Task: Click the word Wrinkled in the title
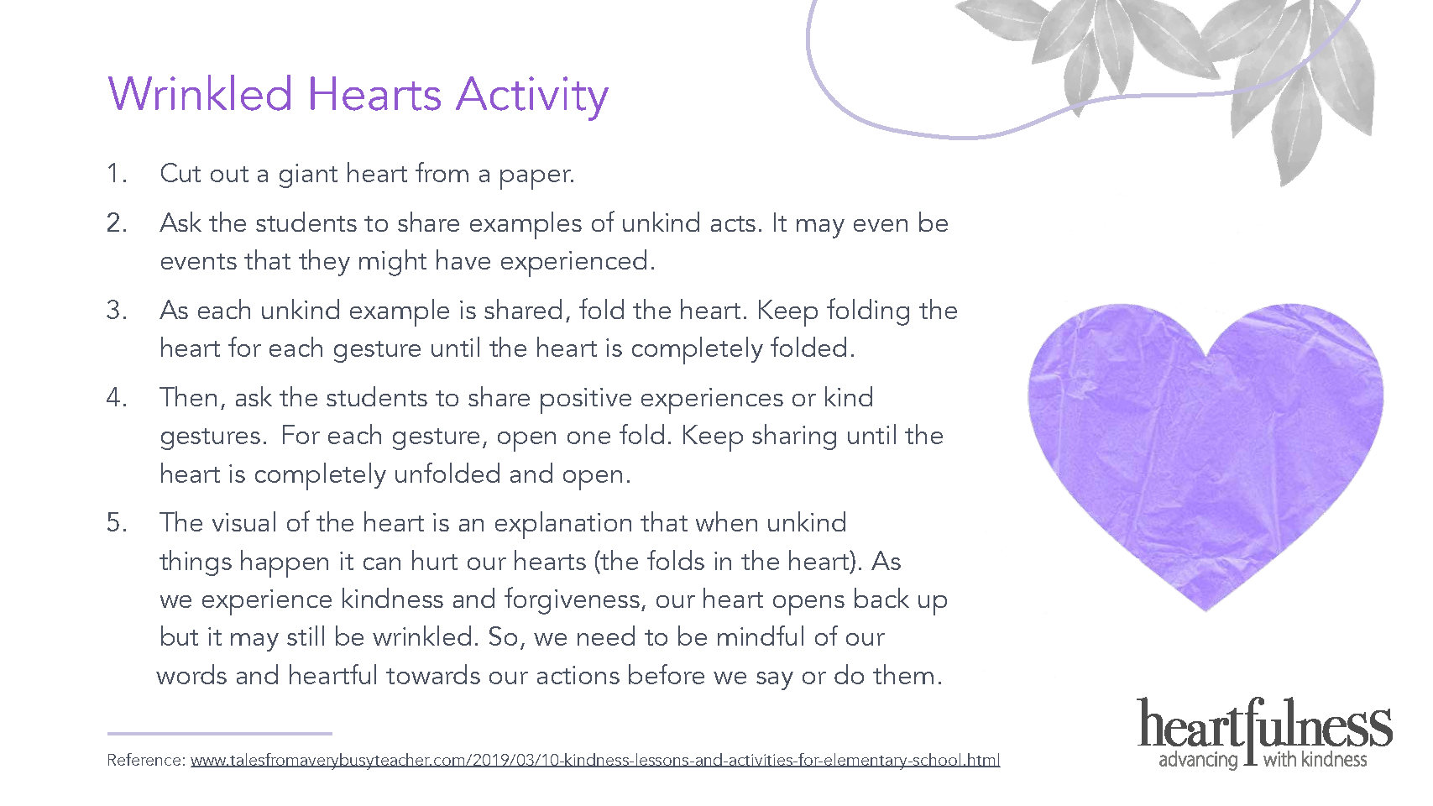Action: pyautogui.click(x=200, y=95)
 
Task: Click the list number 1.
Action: pyautogui.click(x=117, y=173)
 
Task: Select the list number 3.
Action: pyautogui.click(x=117, y=311)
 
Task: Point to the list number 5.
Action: pyautogui.click(x=117, y=523)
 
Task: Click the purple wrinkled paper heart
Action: pyautogui.click(x=1205, y=447)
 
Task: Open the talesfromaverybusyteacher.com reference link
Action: pyautogui.click(x=595, y=761)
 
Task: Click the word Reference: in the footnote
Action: pyautogui.click(x=146, y=760)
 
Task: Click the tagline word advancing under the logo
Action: pyautogui.click(x=1198, y=761)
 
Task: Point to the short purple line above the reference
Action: pyautogui.click(x=219, y=734)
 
